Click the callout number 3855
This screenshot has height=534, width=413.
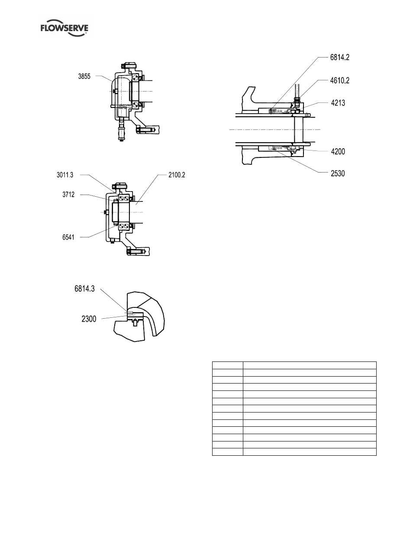tap(84, 77)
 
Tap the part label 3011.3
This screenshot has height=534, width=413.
tap(65, 175)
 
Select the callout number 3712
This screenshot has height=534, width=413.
tap(68, 195)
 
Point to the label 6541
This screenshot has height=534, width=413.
tap(68, 237)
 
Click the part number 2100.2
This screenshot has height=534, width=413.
tap(177, 175)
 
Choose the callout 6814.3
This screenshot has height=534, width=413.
tap(84, 288)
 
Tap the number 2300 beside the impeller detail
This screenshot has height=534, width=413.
tap(89, 319)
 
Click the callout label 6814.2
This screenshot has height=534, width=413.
tap(339, 57)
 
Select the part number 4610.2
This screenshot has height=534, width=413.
tap(339, 80)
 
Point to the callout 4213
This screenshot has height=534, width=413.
tap(338, 103)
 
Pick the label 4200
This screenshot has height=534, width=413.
tap(338, 151)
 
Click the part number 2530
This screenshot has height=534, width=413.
tap(338, 173)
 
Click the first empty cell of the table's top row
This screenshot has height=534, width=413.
tap(228, 365)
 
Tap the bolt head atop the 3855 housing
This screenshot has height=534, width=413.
tap(129, 66)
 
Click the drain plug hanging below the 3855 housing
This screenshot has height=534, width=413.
tap(121, 130)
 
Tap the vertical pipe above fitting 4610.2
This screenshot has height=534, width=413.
tap(297, 90)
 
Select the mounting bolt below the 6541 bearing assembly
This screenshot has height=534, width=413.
tap(136, 251)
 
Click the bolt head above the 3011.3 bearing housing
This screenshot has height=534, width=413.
tap(119, 186)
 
